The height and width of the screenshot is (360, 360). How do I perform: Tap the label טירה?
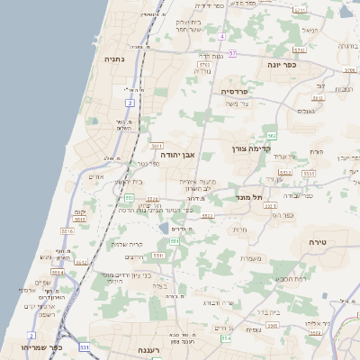tap(316, 242)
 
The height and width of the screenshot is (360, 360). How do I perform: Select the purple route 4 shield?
tap(221, 37)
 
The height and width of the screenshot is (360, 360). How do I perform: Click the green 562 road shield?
tap(271, 135)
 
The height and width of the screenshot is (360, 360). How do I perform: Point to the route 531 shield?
tap(83, 346)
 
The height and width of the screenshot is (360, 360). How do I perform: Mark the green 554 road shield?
tap(227, 339)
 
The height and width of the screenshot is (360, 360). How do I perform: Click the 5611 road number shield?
tap(156, 145)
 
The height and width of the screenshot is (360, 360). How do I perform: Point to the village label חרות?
tap(240, 230)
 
